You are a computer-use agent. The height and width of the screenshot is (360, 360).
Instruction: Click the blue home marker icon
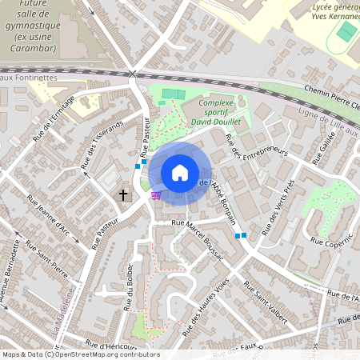point(180,173)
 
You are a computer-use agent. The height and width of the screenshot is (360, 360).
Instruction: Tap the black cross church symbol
point(124,194)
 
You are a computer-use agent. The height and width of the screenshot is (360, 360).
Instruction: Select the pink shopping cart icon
point(157,194)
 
